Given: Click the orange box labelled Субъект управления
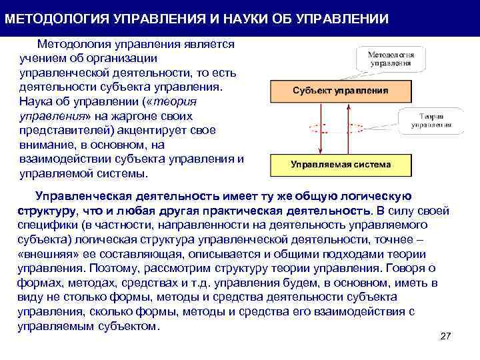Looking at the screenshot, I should click(x=341, y=90).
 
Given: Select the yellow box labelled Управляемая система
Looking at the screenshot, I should click(x=341, y=163).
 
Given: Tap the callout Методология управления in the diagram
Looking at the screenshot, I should click(x=391, y=59).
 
